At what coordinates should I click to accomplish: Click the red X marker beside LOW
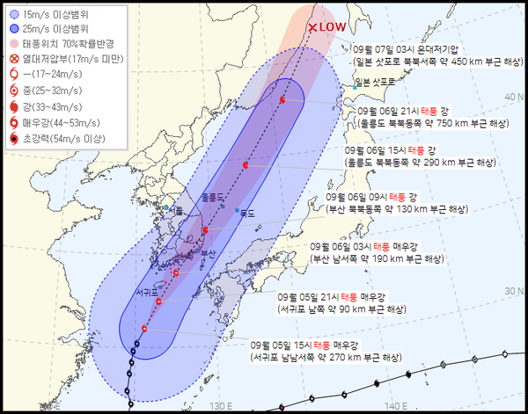[x=312, y=27]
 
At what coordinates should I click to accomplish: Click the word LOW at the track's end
[x=332, y=27]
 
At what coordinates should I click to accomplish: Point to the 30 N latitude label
[x=511, y=290]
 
